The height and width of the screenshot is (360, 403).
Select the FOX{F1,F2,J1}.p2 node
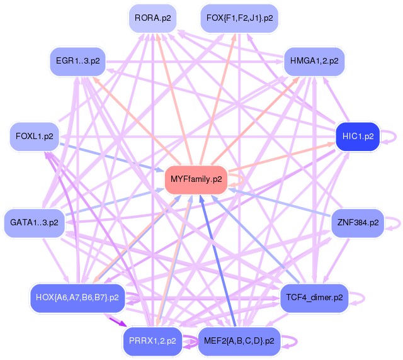[x=239, y=18]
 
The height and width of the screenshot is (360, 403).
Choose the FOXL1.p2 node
[x=34, y=136]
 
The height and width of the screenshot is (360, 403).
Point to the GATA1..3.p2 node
[x=34, y=223]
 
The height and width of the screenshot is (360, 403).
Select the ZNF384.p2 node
[x=358, y=223]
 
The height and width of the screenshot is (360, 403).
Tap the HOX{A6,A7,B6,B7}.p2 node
[x=77, y=297]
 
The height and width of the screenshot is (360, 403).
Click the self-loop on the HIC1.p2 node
[x=391, y=135]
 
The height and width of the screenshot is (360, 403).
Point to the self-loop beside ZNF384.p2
[x=394, y=222]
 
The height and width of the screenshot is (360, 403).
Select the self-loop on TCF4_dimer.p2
[x=358, y=297]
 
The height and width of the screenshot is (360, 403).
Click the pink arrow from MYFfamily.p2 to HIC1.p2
[x=283, y=157]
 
